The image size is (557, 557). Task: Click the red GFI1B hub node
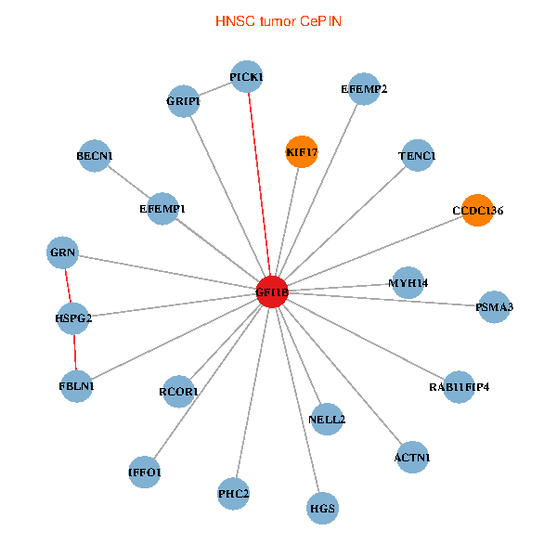(272, 292)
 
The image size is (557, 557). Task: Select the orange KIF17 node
(302, 151)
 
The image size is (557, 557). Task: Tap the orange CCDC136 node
(477, 211)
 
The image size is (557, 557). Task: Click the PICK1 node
(247, 77)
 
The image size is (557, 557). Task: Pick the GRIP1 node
(183, 101)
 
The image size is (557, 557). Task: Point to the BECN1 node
(95, 156)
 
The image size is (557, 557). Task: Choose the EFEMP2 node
(364, 89)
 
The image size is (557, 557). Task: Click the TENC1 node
(418, 156)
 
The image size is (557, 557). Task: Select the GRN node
(62, 253)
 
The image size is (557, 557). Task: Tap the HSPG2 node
(73, 318)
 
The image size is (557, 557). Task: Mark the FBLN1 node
(76, 386)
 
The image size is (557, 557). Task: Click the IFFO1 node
(145, 473)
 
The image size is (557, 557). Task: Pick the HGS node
(322, 509)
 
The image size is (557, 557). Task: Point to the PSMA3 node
(494, 307)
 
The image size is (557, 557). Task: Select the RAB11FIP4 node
(459, 387)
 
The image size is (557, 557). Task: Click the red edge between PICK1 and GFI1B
(259, 185)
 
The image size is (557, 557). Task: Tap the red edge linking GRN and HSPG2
(68, 286)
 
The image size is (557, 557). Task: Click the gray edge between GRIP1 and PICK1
(215, 89)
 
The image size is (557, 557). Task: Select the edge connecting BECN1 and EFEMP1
(129, 182)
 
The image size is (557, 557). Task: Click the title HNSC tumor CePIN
(278, 21)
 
